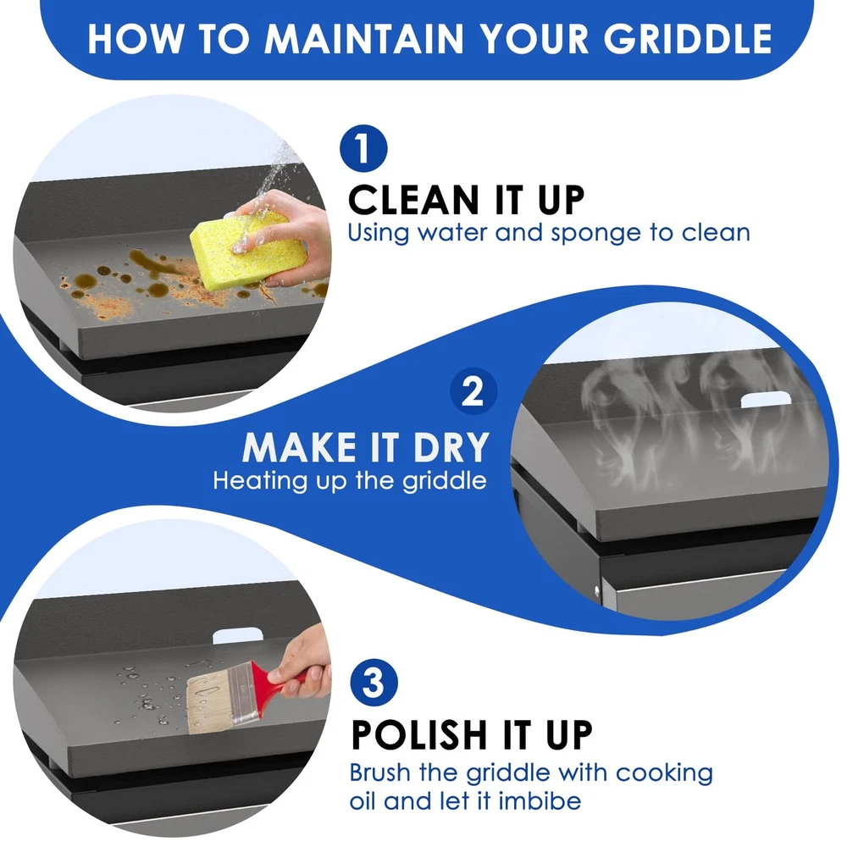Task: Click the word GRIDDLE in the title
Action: tap(688, 39)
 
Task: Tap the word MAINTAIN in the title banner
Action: tap(363, 39)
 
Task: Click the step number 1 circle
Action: tap(363, 148)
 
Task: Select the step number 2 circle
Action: tap(473, 391)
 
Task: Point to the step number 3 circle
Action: tap(374, 682)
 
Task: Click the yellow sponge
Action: tap(248, 248)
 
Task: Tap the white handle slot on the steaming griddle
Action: tap(766, 400)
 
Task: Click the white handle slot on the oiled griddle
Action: tap(238, 636)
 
